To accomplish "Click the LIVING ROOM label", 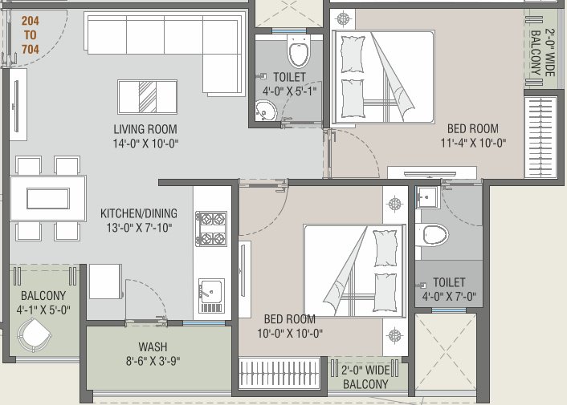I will (145, 129).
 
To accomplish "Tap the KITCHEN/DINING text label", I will (139, 214).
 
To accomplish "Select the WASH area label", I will (153, 347).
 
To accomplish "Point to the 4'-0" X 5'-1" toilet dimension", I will (290, 91).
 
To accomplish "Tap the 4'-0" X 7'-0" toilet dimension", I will (448, 298).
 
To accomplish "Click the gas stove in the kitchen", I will (212, 228).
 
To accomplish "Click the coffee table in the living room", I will (148, 97).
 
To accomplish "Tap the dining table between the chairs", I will (48, 198).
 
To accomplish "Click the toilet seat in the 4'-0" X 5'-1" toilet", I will (298, 54).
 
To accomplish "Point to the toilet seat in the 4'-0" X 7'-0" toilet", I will (434, 233).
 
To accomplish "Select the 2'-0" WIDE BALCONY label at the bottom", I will (365, 377).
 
